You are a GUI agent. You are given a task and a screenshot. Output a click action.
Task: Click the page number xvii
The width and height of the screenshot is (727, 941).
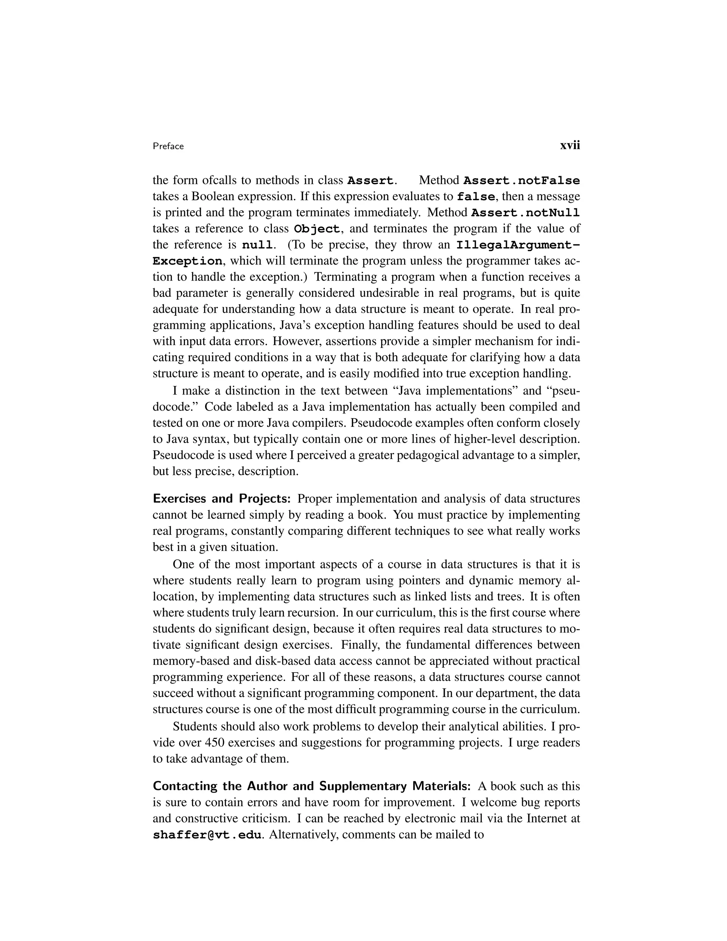point(569,146)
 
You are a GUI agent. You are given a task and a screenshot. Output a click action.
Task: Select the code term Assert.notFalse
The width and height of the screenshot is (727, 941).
point(521,180)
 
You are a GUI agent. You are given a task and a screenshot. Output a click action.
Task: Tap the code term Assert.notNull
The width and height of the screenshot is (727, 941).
point(525,213)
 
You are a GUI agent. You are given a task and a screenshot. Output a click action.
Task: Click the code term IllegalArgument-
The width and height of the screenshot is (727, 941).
point(518,245)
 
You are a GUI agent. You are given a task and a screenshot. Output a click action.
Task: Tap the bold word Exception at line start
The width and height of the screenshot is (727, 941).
point(188,261)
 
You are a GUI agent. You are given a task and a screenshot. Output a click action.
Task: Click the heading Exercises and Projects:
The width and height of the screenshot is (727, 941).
point(222,499)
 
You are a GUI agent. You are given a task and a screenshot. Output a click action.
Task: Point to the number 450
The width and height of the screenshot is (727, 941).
point(214,743)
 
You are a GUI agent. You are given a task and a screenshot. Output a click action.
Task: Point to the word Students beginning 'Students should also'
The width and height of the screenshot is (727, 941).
point(195,727)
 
